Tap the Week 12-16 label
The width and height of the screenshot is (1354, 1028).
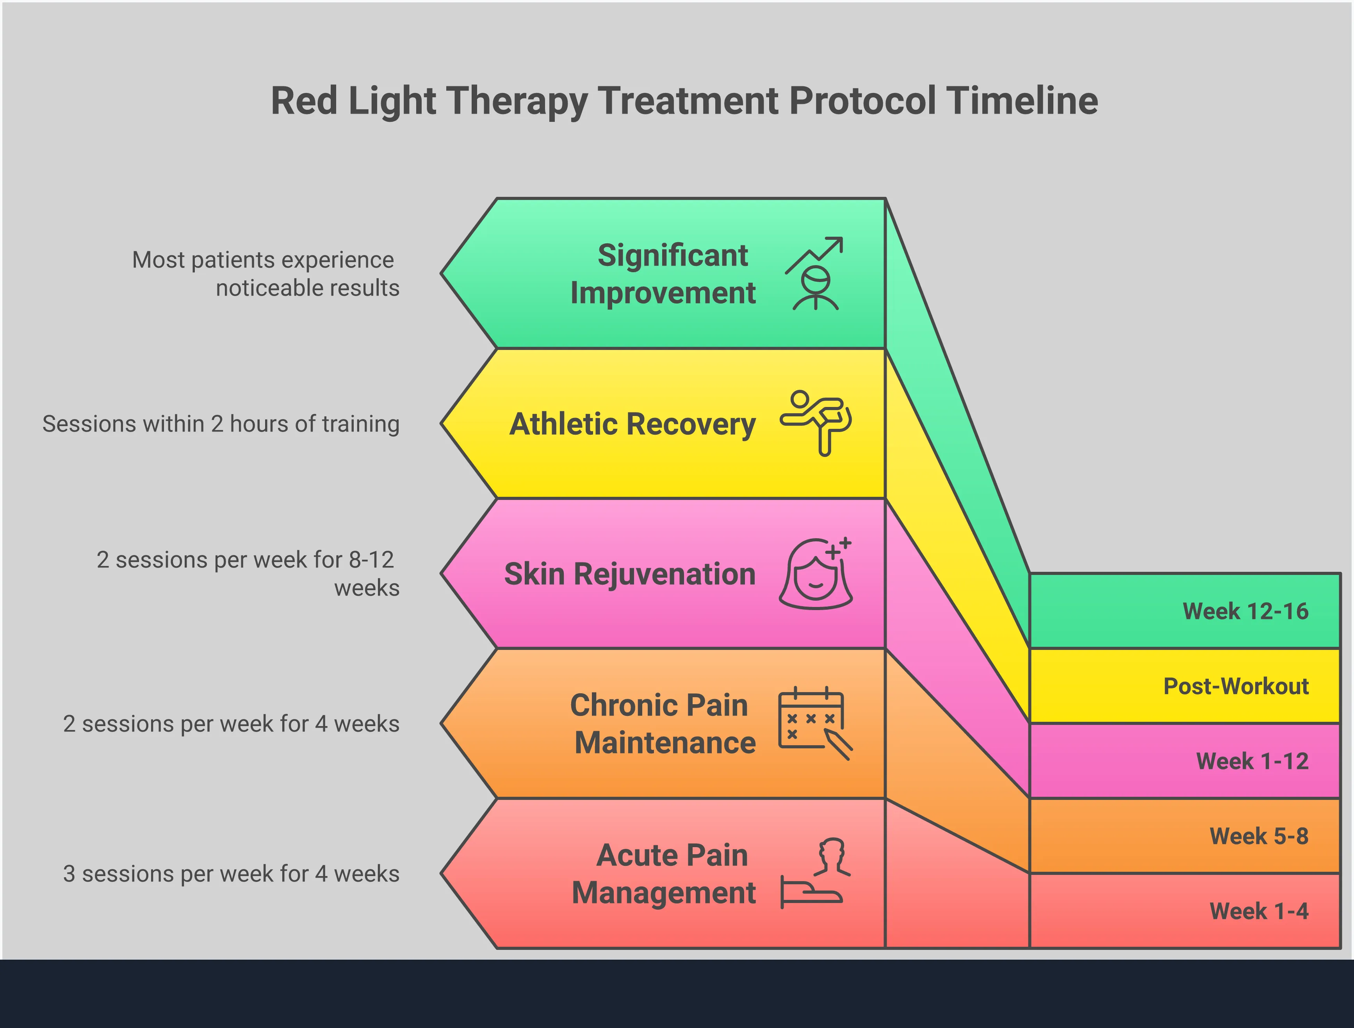pyautogui.click(x=1245, y=611)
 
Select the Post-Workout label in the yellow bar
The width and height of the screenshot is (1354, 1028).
pyautogui.click(x=1235, y=686)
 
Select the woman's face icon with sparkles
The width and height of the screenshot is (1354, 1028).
pyautogui.click(x=816, y=574)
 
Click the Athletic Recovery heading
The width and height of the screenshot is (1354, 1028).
pyautogui.click(x=632, y=424)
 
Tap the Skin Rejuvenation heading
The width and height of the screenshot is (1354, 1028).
pyautogui.click(x=629, y=574)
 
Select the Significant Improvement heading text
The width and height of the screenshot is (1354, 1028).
pyautogui.click(x=663, y=274)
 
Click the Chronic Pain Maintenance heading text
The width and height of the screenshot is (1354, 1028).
pyautogui.click(x=663, y=724)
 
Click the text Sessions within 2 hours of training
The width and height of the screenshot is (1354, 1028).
pyautogui.click(x=220, y=424)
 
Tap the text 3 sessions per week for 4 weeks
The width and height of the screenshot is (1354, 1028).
pyautogui.click(x=231, y=874)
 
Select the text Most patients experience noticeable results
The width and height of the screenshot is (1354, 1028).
pyautogui.click(x=265, y=274)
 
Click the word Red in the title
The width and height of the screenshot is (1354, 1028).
pyautogui.click(x=304, y=101)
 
